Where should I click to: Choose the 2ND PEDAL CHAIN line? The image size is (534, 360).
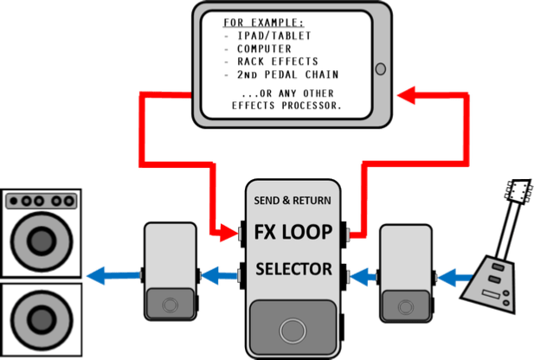click(275, 75)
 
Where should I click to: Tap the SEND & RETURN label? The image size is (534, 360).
click(293, 200)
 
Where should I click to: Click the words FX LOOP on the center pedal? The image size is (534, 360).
click(293, 232)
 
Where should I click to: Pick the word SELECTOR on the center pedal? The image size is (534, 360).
click(293, 269)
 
